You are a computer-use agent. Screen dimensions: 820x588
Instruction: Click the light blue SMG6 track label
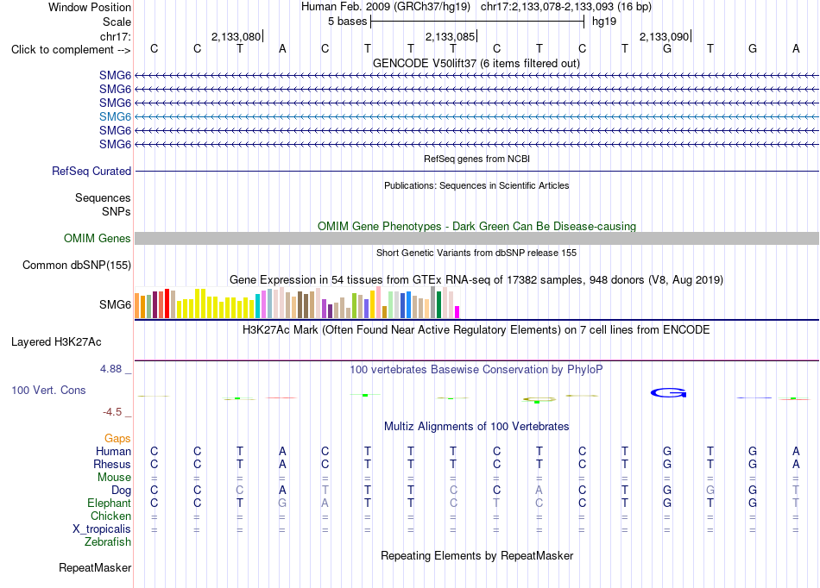115,116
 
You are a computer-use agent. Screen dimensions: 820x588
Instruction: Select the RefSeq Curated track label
91,172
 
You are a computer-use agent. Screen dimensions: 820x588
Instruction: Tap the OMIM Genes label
98,239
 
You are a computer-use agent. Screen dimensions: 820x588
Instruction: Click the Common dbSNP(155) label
77,266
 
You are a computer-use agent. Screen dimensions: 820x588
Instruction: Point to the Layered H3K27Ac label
56,342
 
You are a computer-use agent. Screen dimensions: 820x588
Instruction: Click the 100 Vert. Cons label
48,390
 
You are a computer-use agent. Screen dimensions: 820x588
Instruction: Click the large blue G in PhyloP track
668,392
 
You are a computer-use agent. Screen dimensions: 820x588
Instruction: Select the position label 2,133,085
450,36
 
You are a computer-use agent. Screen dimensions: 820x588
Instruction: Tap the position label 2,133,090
664,36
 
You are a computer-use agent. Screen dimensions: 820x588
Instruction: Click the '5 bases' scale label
348,22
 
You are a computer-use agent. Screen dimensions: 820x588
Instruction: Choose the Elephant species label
110,503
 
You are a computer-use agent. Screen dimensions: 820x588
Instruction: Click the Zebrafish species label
108,541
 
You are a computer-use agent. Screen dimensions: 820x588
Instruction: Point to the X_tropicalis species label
102,529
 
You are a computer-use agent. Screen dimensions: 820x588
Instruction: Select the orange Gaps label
117,438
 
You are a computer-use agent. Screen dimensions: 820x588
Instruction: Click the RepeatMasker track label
95,567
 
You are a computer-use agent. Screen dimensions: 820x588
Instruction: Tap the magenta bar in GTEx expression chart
457,312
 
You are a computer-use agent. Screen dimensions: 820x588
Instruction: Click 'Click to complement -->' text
71,50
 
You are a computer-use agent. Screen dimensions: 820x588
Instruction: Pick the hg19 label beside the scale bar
604,22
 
